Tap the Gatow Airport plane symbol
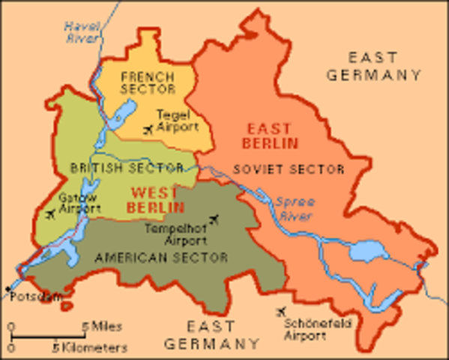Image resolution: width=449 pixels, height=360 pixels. click(50, 215)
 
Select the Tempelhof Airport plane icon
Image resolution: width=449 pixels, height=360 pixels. click(216, 220)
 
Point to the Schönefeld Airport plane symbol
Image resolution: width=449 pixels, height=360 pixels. click(282, 311)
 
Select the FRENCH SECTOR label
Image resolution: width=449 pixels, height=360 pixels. click(148, 82)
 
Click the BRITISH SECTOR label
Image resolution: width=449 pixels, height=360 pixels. click(127, 167)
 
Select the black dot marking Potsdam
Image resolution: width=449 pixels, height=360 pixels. click(8, 288)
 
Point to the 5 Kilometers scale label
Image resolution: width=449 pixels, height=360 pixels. click(89, 347)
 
